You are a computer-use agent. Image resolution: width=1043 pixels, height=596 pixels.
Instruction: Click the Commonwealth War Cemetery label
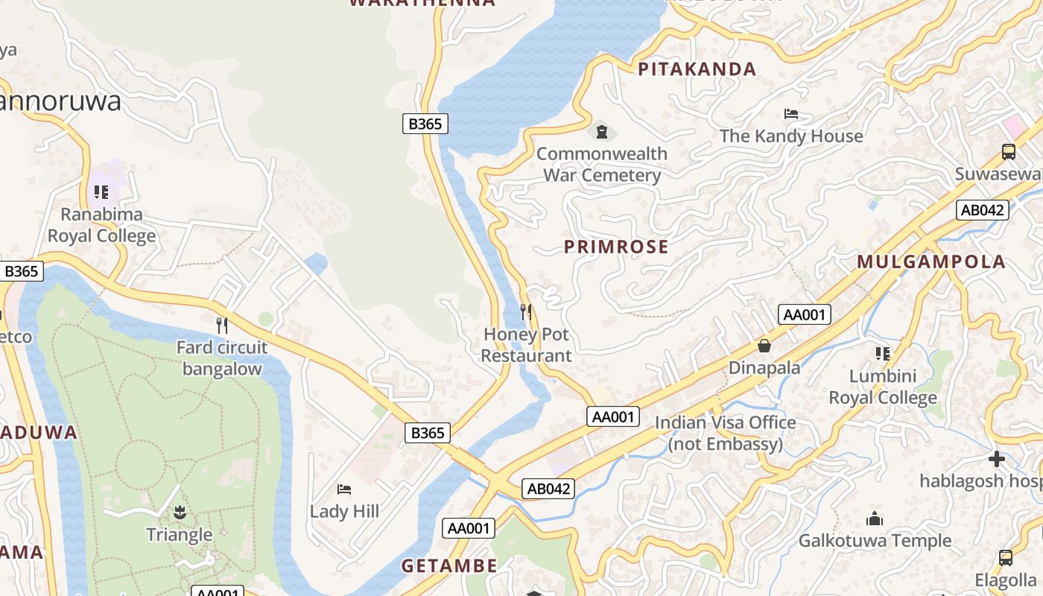[x=602, y=165]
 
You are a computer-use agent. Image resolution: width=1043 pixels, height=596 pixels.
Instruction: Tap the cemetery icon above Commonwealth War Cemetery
[x=602, y=133]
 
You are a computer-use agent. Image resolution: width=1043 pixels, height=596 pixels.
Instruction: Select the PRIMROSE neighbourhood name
[x=616, y=247]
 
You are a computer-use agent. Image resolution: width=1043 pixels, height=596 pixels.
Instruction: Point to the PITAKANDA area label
[x=697, y=69]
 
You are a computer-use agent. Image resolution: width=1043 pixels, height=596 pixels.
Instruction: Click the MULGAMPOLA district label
[x=931, y=261]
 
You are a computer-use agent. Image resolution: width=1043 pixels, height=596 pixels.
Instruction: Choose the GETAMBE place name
[x=449, y=565]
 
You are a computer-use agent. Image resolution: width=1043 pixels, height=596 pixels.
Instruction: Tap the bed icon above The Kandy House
[x=791, y=114]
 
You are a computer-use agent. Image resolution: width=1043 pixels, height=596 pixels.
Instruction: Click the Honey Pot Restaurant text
[x=526, y=345]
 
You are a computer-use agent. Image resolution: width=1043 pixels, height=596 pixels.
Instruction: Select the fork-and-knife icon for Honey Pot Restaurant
[x=526, y=311]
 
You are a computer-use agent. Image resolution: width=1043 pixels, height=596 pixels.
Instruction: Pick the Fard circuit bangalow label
[x=222, y=358]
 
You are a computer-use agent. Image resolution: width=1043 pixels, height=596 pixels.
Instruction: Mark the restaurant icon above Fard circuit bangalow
[x=221, y=325]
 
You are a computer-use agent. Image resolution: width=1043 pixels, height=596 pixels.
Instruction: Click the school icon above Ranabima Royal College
[x=101, y=192]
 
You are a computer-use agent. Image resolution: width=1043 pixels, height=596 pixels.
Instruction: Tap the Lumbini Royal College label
[x=883, y=387]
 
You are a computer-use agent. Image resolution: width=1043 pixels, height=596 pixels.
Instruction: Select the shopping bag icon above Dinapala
[x=764, y=346]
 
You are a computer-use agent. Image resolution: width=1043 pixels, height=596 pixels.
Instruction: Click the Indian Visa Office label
[x=726, y=434]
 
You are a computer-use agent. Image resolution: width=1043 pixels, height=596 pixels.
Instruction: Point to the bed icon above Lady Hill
[x=344, y=489]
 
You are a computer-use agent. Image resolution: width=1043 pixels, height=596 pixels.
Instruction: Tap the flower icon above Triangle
[x=179, y=513]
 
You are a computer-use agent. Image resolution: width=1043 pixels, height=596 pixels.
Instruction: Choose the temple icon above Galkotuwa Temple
[x=875, y=519]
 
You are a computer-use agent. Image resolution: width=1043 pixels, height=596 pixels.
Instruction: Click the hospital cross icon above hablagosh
[x=997, y=459]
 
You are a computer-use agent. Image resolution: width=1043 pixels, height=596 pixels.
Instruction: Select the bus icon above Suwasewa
[x=1009, y=152]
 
